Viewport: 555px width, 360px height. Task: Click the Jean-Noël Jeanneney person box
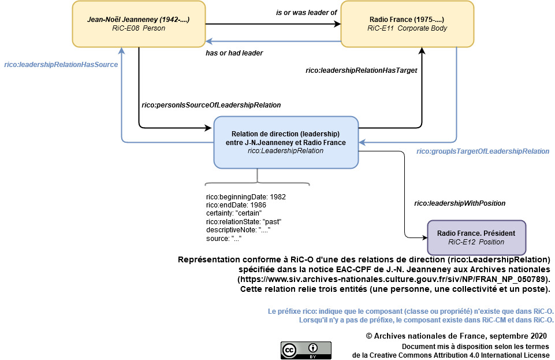(x=139, y=24)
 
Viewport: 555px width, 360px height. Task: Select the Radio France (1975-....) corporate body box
(x=407, y=24)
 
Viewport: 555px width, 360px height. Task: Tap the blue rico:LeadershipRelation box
(x=286, y=142)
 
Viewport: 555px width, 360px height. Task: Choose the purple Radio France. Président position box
(x=476, y=237)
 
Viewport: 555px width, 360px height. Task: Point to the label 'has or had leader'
(x=234, y=53)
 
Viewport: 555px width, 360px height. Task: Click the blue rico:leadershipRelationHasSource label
(x=61, y=65)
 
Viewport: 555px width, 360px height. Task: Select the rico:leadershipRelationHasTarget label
(x=361, y=70)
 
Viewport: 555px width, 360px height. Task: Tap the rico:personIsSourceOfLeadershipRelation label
(x=211, y=105)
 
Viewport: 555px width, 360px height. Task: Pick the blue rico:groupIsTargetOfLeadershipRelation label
(x=483, y=151)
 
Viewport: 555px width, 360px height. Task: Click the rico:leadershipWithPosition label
(x=460, y=203)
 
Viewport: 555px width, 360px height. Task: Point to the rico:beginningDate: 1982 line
(x=245, y=196)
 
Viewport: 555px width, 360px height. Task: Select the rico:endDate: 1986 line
(x=236, y=205)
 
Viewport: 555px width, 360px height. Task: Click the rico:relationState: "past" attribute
(x=243, y=221)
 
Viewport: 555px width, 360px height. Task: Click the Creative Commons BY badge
(x=306, y=350)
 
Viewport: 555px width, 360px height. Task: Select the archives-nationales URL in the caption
(x=393, y=279)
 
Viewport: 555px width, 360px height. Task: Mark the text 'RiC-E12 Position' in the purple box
(x=476, y=242)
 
